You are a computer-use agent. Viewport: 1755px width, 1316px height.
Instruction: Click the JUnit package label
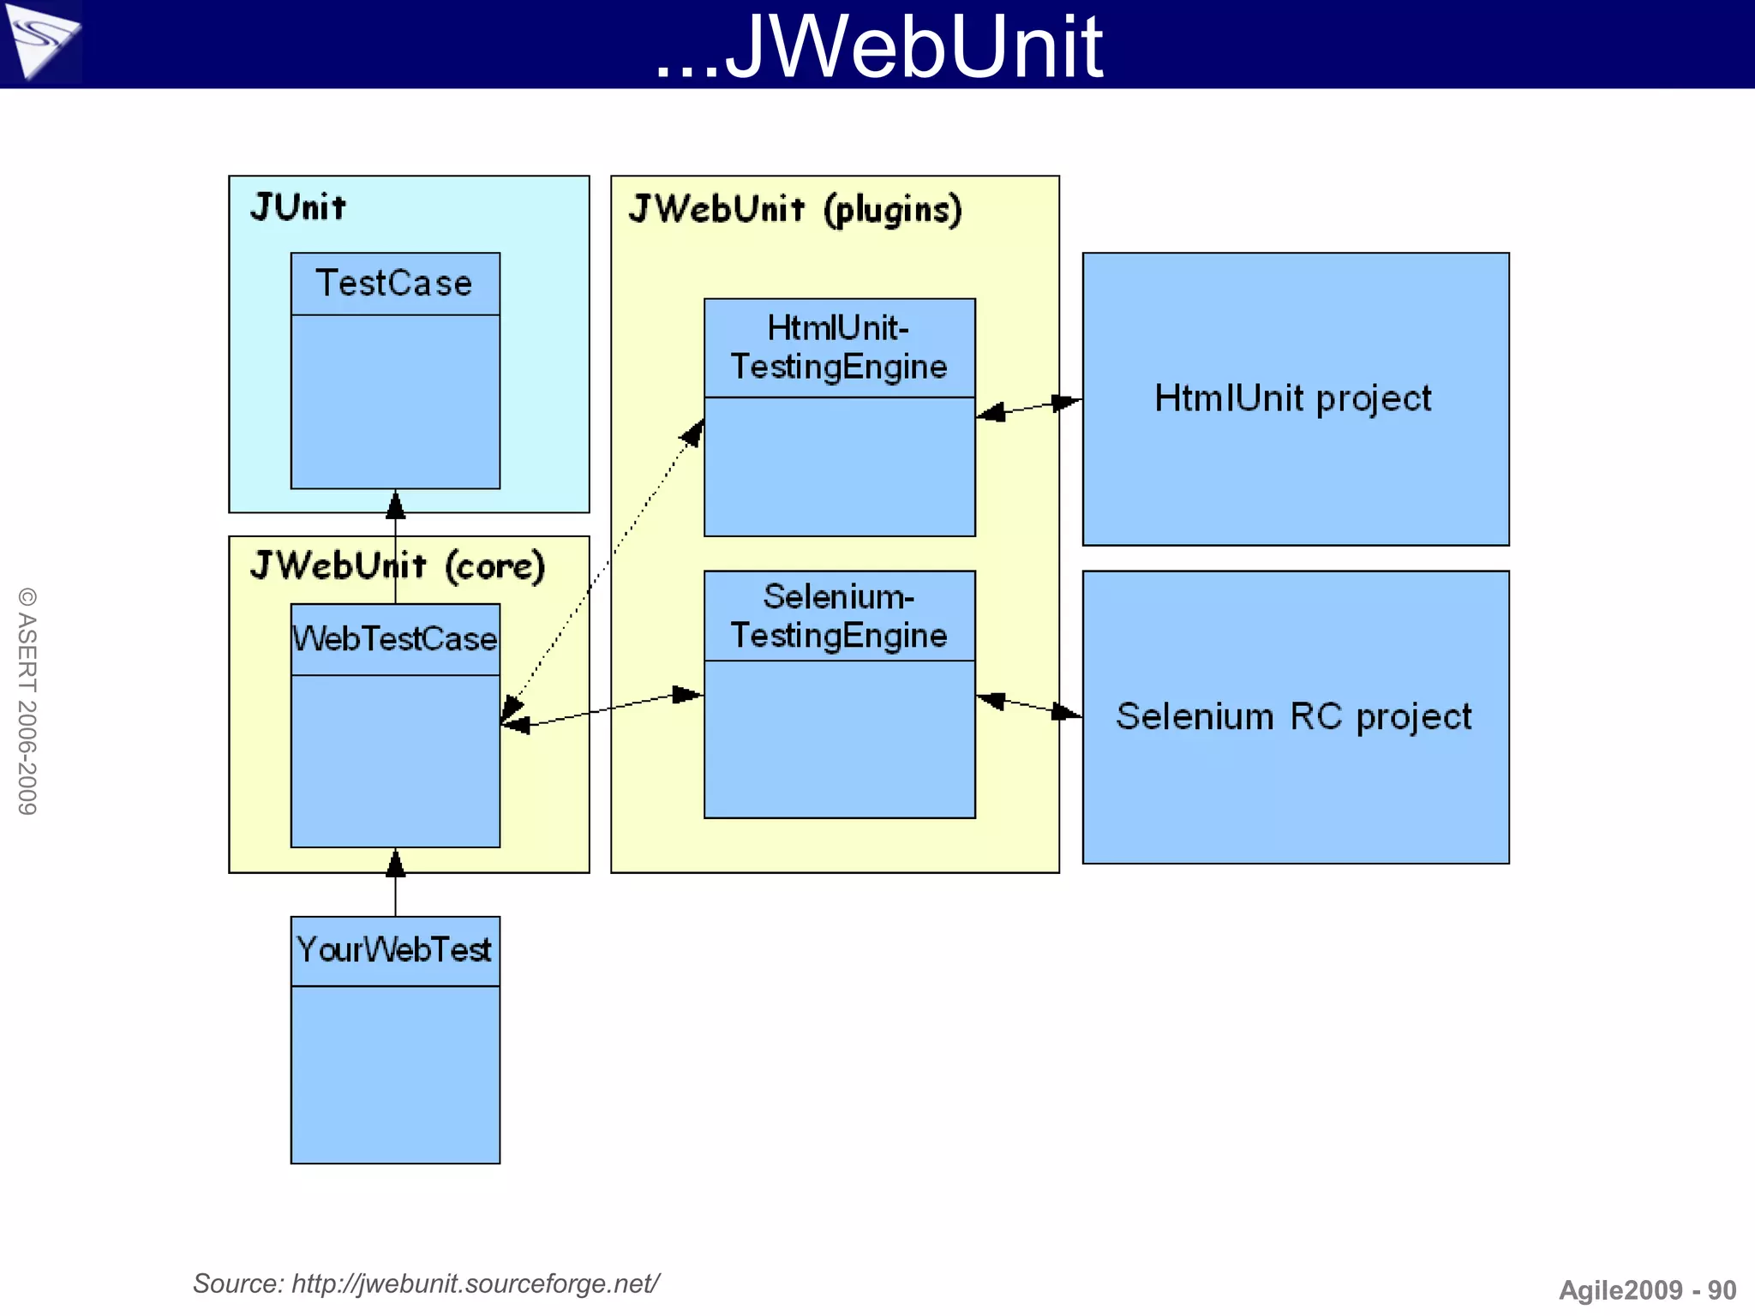[x=298, y=207]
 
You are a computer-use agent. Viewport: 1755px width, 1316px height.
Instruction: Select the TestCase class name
[x=394, y=284]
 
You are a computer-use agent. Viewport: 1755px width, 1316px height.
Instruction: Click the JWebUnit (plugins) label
[x=795, y=210]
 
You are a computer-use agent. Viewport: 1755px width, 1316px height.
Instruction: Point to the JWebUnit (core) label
[x=398, y=566]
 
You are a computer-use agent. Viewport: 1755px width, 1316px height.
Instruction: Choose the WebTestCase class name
[x=394, y=639]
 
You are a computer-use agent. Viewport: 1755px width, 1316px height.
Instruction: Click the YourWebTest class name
[x=394, y=950]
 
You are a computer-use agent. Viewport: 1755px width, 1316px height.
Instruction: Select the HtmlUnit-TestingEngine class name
[x=839, y=348]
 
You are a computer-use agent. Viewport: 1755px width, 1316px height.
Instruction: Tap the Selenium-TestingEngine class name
[x=839, y=616]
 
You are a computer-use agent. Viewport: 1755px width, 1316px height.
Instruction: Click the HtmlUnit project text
[x=1292, y=398]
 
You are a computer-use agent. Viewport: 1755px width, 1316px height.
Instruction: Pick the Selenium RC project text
[x=1294, y=716]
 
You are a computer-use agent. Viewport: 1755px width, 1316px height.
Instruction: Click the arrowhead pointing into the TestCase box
[x=395, y=505]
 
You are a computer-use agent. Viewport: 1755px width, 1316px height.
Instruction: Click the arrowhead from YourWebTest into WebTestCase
[x=395, y=864]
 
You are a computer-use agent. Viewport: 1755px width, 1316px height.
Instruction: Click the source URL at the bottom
[x=426, y=1283]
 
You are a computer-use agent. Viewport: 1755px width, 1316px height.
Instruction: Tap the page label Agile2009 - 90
[x=1646, y=1290]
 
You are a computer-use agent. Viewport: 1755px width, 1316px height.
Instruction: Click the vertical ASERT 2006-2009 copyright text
[x=27, y=701]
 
